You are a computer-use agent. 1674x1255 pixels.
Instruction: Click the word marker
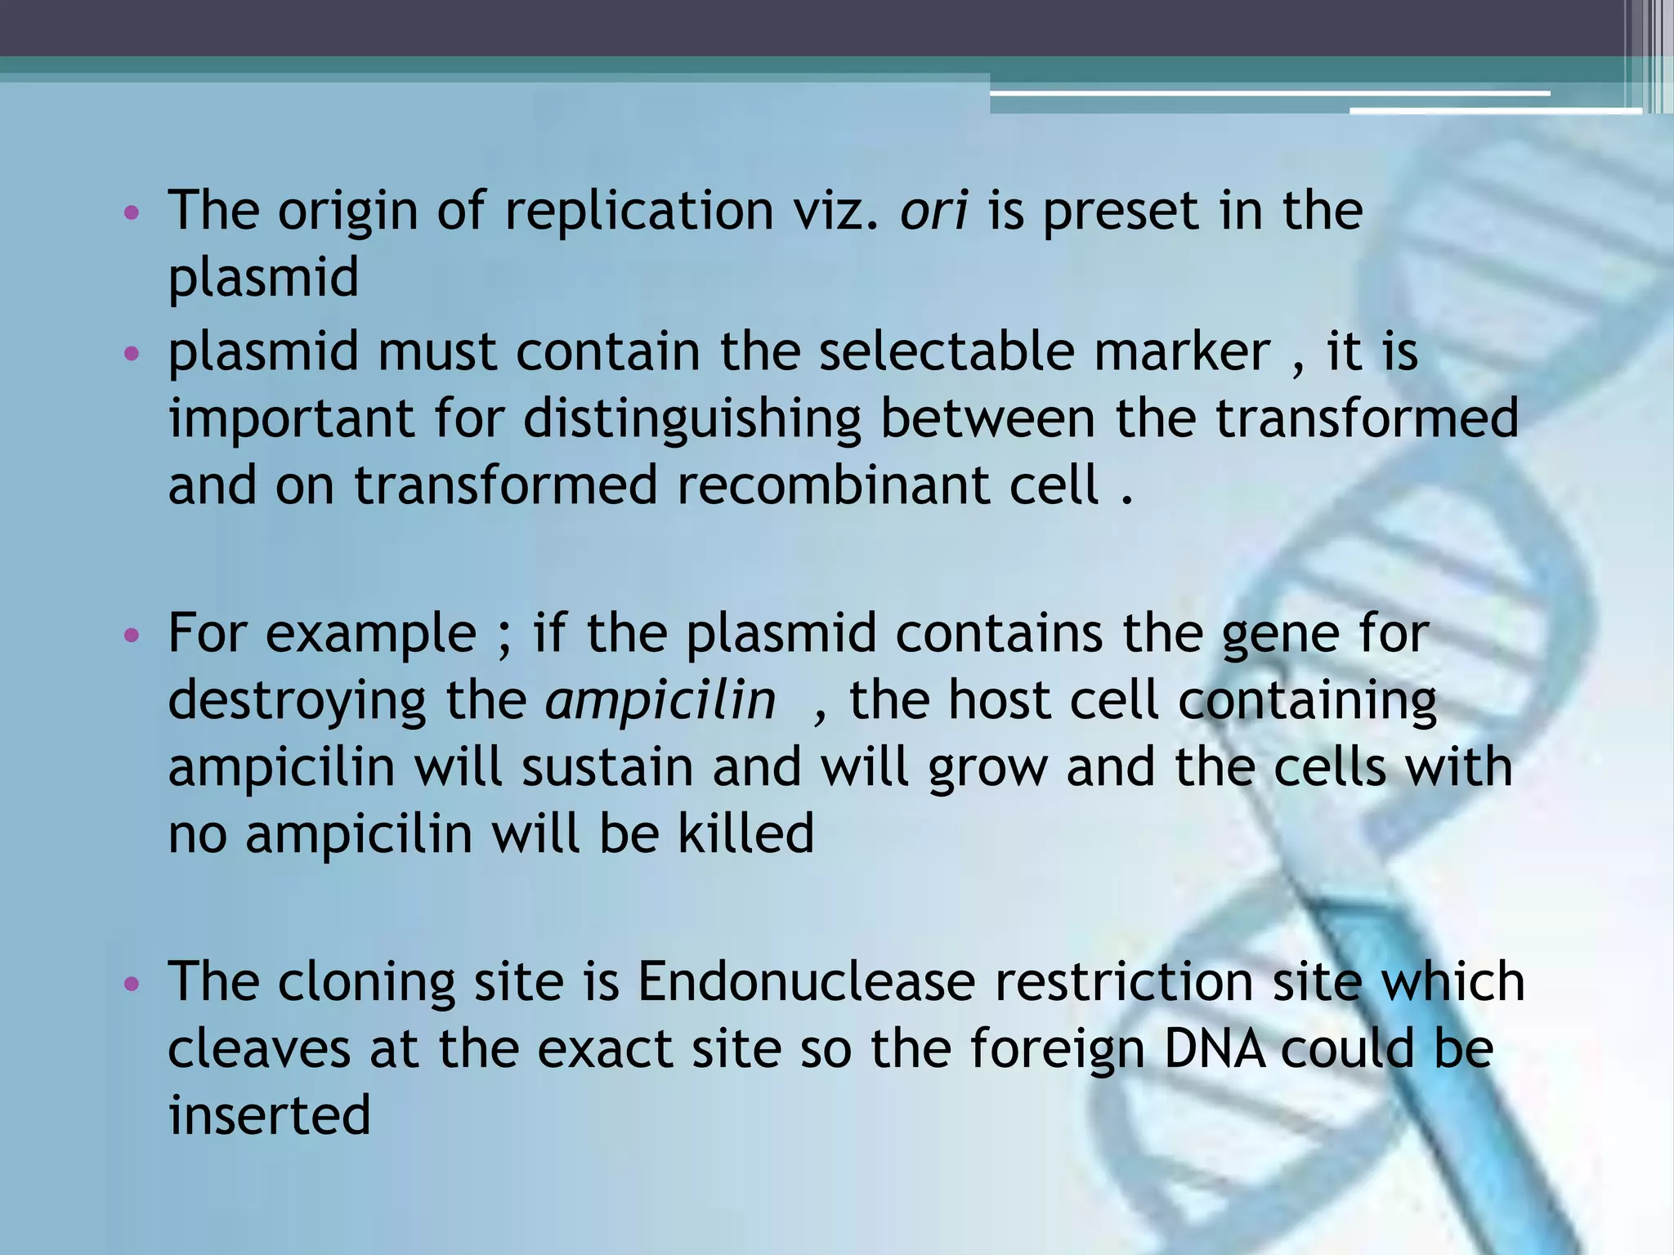1182,353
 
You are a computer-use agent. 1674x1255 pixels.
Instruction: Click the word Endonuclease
806,982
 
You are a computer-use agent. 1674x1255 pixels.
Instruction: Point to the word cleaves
259,1049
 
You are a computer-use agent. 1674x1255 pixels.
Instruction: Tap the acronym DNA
1214,1049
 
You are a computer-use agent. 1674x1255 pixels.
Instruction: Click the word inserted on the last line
269,1116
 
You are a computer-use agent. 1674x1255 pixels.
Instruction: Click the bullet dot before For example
132,636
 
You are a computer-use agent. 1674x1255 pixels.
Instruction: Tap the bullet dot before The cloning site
132,984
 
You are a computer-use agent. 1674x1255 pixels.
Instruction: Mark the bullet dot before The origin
132,214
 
